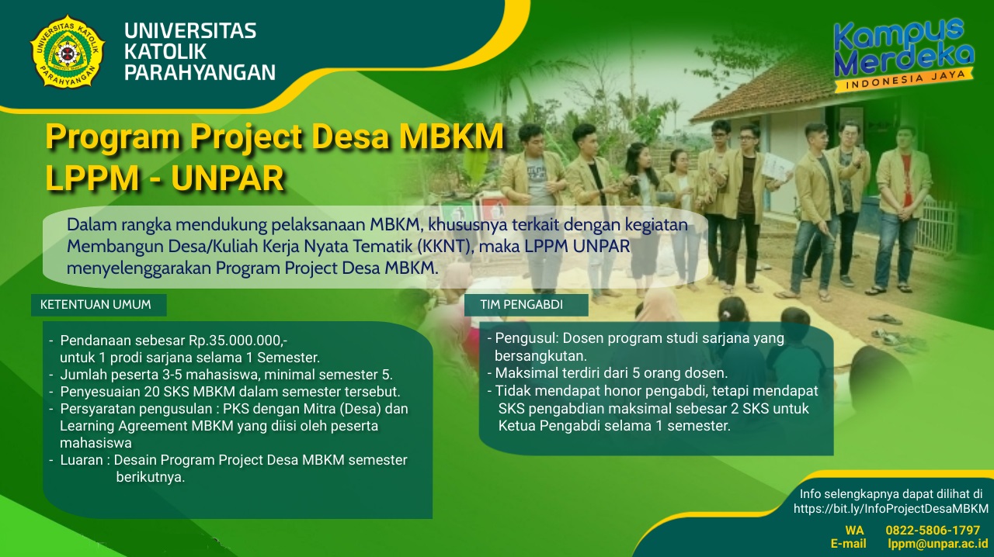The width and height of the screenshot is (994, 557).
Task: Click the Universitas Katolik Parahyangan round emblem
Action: [x=67, y=52]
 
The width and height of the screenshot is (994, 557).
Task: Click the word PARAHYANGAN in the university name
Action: [x=200, y=73]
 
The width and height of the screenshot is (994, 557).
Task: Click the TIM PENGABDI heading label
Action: [x=521, y=305]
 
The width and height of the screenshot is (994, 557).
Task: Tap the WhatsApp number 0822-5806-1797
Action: [x=933, y=530]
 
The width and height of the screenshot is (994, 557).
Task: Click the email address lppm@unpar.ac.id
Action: [x=937, y=544]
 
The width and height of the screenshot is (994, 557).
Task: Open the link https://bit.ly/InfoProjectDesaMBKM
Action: [x=891, y=509]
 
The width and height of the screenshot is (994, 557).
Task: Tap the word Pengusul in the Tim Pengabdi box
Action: [x=526, y=338]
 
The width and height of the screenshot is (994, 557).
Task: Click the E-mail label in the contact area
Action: [x=848, y=544]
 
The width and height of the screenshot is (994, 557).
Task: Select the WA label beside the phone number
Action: [x=854, y=530]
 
